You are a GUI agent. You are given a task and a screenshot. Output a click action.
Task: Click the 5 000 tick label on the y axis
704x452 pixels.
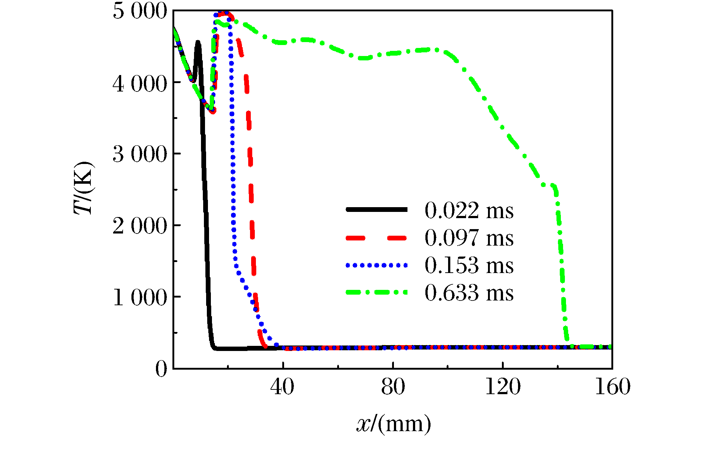[139, 11]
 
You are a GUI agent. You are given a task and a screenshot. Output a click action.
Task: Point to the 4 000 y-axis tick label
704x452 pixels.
[139, 84]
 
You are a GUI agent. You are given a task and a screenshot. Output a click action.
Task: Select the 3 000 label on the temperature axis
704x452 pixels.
[139, 154]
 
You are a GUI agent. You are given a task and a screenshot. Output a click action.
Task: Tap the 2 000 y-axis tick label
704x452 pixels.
[139, 226]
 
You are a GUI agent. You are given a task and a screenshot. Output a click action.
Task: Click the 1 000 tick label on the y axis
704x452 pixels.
[139, 297]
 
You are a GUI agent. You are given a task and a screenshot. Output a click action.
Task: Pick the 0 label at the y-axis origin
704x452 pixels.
[161, 369]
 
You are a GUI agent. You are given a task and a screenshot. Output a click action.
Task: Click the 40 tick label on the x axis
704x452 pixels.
[282, 387]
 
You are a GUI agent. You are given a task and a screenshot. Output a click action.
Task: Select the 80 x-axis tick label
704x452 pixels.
[393, 387]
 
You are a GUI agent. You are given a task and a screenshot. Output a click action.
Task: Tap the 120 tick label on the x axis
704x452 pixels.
[503, 387]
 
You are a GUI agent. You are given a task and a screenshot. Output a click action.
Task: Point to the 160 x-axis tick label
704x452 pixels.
[612, 387]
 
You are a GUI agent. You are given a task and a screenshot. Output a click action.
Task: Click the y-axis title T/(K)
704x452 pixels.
[84, 187]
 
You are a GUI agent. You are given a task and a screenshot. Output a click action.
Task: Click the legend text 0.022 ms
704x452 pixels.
[469, 210]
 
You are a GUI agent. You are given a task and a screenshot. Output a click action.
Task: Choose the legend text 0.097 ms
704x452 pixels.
[469, 238]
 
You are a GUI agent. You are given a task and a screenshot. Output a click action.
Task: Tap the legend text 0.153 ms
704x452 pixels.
[469, 265]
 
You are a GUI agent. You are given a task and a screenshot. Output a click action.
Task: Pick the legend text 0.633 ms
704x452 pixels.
[469, 293]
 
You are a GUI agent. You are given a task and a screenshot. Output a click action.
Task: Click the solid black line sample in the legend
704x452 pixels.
[376, 209]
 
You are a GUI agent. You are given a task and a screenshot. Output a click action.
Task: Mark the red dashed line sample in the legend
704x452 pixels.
[376, 238]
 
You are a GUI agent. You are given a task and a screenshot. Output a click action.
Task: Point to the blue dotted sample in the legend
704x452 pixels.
[376, 265]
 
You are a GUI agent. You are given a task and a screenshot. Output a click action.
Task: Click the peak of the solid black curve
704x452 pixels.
[198, 42]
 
